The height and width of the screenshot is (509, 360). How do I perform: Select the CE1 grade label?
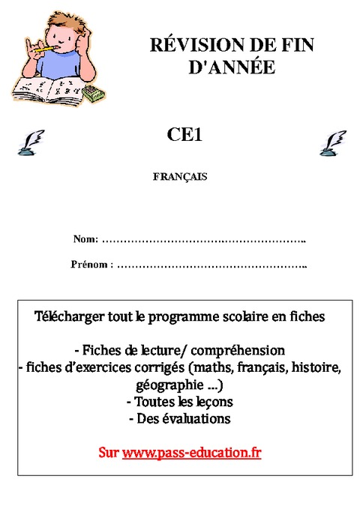tap(184, 135)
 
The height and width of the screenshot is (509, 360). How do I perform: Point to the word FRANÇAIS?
tap(179, 178)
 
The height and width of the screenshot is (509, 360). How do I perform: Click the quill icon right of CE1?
tap(332, 142)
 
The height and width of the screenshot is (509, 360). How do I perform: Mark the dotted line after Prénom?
tap(213, 265)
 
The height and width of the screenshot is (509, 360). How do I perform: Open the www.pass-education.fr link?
tap(191, 454)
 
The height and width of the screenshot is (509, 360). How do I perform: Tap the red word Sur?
tap(108, 454)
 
